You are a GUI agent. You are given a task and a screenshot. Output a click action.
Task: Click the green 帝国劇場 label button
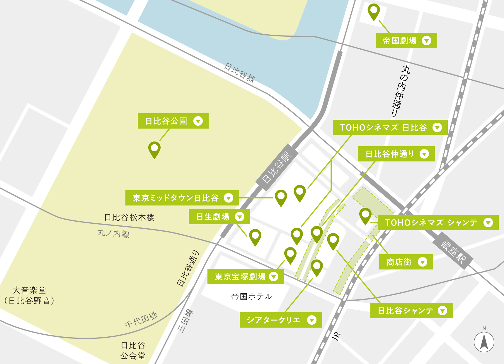406,41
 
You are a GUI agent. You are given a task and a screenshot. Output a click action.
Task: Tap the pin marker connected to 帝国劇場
374,11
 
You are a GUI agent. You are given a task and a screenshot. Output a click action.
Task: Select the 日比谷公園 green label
173,121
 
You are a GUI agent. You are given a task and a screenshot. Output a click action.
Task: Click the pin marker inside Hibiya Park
154,149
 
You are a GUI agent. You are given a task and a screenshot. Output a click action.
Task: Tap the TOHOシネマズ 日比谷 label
390,127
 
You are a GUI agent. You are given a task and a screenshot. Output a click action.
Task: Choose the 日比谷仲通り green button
396,154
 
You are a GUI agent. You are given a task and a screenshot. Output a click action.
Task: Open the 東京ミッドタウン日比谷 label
182,198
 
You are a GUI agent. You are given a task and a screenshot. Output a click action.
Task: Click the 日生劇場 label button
219,217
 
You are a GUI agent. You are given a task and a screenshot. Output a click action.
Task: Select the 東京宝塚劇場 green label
246,277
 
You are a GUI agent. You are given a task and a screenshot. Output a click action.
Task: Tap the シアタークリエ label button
281,320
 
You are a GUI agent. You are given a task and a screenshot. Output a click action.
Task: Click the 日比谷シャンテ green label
411,311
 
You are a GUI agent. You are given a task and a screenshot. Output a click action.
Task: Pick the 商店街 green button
406,262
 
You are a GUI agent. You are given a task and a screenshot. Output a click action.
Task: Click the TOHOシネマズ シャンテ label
438,223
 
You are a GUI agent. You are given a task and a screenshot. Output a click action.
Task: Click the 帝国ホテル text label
252,296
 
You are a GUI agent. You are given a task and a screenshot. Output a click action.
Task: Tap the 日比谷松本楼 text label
129,218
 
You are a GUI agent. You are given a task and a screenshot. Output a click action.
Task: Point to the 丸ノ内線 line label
113,233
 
